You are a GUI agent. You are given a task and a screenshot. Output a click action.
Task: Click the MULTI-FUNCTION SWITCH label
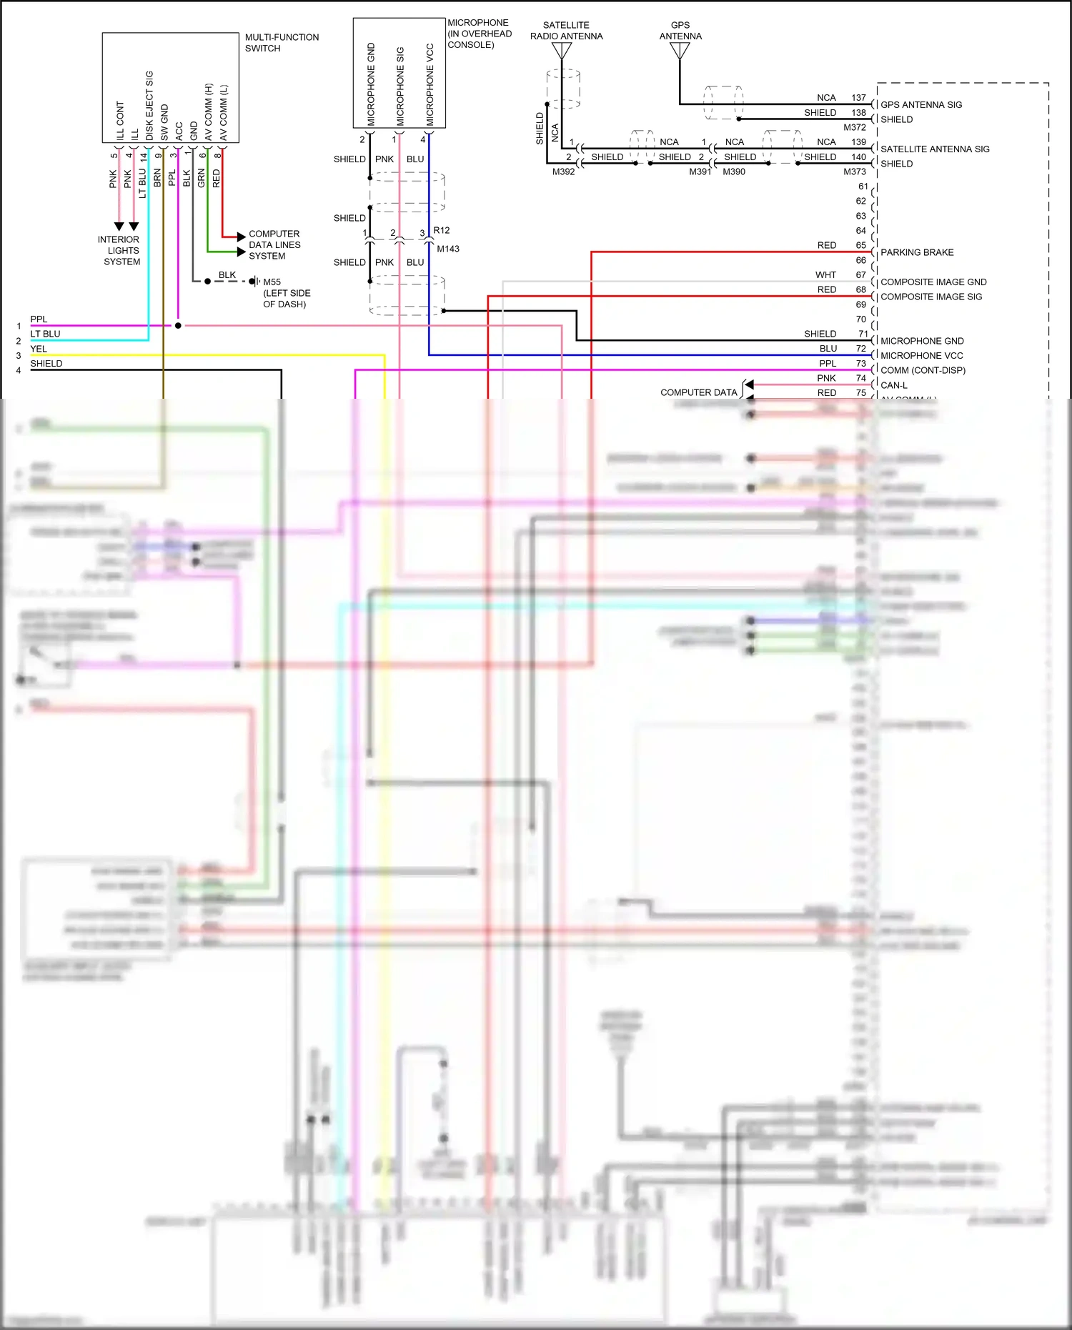(x=282, y=43)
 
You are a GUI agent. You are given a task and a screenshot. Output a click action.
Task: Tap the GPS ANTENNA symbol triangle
(x=680, y=51)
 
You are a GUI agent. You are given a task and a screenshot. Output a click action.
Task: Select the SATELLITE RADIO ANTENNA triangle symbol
(x=562, y=51)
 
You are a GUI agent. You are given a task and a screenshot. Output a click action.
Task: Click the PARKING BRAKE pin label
(x=917, y=252)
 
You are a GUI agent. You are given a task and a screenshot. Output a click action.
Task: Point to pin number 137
(x=858, y=98)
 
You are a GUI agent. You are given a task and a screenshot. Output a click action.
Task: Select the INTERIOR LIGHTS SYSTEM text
(x=120, y=251)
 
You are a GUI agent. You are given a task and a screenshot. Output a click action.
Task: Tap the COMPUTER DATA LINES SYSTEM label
(x=274, y=245)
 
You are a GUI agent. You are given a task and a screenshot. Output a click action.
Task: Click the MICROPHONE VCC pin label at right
(x=921, y=356)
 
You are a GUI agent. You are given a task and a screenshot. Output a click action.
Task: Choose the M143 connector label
(x=448, y=249)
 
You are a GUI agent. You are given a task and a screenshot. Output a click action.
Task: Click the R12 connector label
(x=442, y=230)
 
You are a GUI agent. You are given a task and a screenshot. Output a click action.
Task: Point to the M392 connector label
(x=563, y=172)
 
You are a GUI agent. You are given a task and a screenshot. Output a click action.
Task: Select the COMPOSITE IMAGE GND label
(x=933, y=282)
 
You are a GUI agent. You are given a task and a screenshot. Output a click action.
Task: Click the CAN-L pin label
(x=894, y=385)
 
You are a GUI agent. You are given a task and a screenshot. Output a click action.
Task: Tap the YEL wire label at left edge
(x=39, y=349)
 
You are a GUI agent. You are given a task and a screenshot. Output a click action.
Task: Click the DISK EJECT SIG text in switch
(x=149, y=106)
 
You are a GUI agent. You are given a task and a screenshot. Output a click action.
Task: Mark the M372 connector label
(x=855, y=127)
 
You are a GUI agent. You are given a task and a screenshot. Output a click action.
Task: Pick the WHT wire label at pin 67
(x=825, y=275)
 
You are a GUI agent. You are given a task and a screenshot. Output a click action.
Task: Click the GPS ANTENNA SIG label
(x=921, y=105)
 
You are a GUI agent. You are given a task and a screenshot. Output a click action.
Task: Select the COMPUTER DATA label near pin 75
(x=698, y=392)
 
